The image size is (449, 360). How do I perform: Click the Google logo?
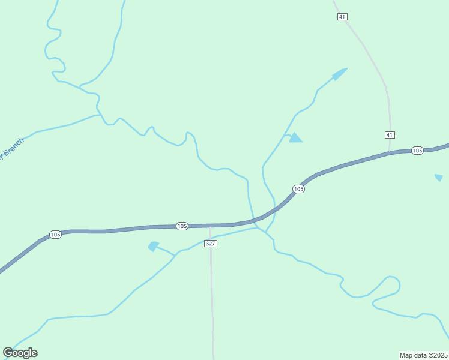click(x=20, y=353)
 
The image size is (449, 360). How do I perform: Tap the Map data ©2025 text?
click(x=424, y=355)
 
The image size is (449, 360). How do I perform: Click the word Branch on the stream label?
click(x=13, y=148)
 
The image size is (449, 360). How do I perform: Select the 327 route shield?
click(x=210, y=243)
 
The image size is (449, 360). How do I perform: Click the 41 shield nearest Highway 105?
click(x=390, y=134)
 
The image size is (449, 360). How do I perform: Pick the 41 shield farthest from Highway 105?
click(x=342, y=17)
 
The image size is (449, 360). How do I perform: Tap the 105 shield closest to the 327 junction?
click(x=182, y=226)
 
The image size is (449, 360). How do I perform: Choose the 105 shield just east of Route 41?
click(x=418, y=150)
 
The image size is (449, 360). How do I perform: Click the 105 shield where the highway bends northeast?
click(x=298, y=189)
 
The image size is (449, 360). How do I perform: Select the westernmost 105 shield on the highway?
click(x=56, y=235)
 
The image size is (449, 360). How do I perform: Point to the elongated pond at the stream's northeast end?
click(x=339, y=74)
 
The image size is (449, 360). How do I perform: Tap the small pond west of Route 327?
click(x=154, y=246)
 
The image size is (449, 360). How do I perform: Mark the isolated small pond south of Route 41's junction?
click(x=439, y=178)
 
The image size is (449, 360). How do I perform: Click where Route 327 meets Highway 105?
click(x=210, y=226)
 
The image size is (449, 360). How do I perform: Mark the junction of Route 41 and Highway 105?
click(x=390, y=153)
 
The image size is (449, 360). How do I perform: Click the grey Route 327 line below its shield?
click(x=212, y=300)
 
